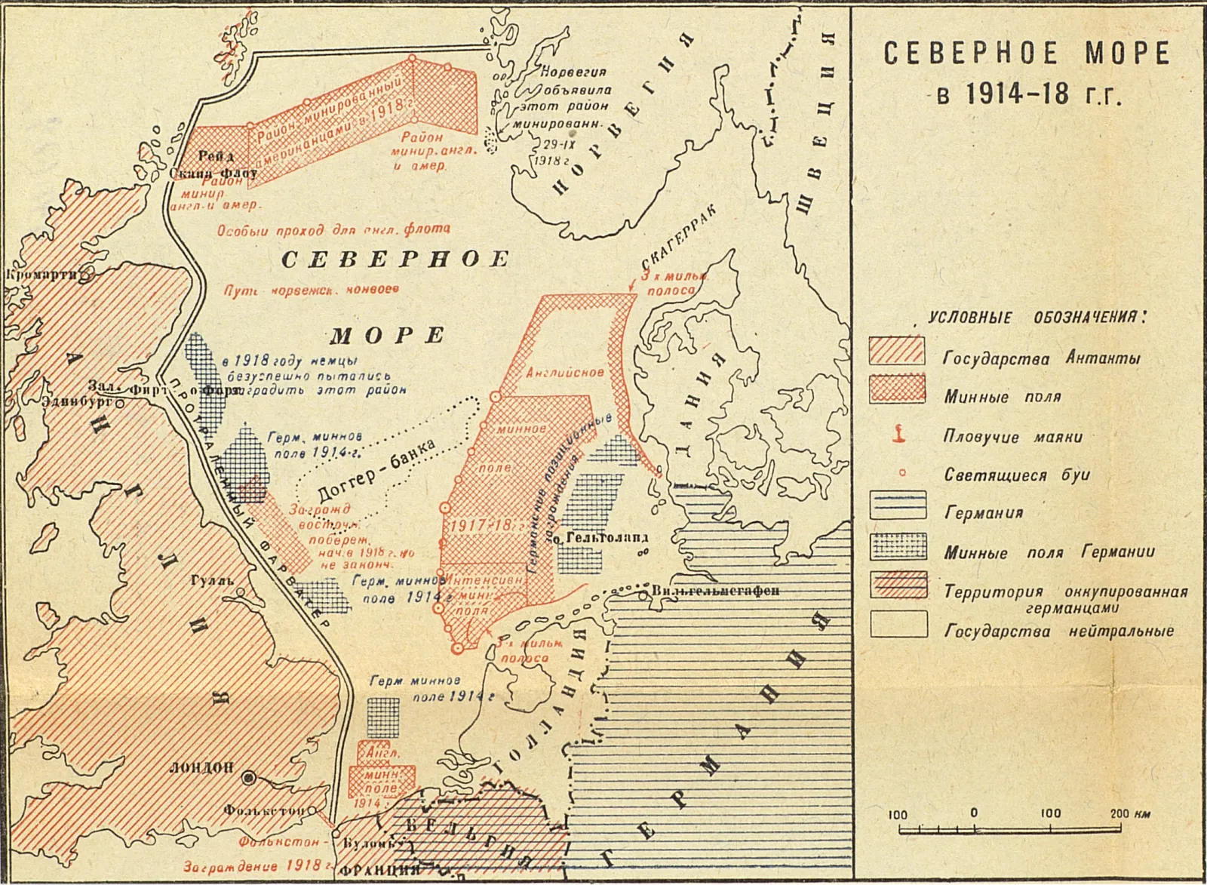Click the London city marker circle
(x=248, y=778)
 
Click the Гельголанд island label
(x=603, y=538)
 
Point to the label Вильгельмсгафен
(x=714, y=590)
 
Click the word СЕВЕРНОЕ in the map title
(x=966, y=54)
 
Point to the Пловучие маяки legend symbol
(x=898, y=433)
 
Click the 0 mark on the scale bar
(x=975, y=814)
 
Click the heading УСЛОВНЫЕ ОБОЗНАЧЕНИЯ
(x=1035, y=318)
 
